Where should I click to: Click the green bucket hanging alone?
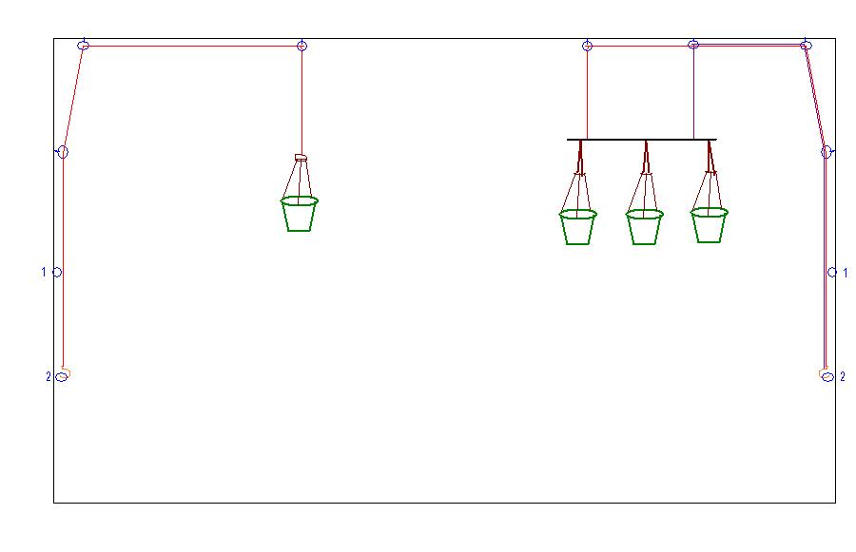[300, 214]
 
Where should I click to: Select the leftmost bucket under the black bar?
[577, 227]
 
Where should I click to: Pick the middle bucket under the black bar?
[644, 227]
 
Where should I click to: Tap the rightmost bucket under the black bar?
[709, 225]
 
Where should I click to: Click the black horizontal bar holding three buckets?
[641, 140]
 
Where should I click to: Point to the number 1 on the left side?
[43, 273]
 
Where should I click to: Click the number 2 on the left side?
[48, 377]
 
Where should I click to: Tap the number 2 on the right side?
[843, 377]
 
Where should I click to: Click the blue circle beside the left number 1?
[57, 273]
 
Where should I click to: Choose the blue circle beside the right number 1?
[832, 273]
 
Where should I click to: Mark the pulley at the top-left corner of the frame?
[84, 45]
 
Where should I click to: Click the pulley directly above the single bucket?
[302, 46]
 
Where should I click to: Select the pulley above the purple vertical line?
[693, 45]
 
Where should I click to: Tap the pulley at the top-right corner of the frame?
[806, 45]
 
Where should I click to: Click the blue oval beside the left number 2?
[61, 377]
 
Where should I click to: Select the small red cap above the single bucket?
[301, 158]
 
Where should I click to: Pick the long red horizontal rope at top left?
[190, 46]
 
